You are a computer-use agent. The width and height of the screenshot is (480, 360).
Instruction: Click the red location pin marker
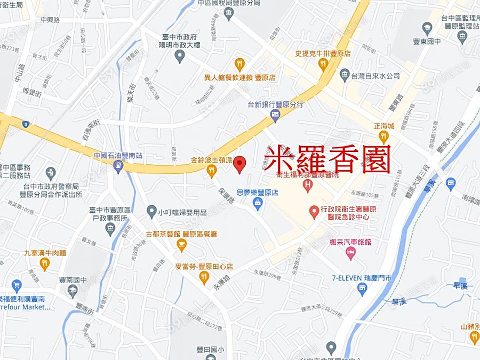click(240, 164)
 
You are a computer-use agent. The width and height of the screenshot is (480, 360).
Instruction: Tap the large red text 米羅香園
click(327, 158)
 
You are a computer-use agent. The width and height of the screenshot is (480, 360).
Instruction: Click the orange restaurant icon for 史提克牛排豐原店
click(322, 65)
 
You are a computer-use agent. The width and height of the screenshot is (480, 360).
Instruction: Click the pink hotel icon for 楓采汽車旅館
click(350, 254)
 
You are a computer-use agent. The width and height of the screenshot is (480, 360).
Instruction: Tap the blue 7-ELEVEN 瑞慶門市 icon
click(362, 290)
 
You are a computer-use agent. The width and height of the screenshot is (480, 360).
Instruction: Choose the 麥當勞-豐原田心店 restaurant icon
click(204, 277)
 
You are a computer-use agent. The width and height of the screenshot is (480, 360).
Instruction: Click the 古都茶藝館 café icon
click(181, 245)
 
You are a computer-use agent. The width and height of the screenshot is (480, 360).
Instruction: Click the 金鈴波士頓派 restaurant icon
click(212, 171)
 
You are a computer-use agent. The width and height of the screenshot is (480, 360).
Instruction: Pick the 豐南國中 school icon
click(73, 291)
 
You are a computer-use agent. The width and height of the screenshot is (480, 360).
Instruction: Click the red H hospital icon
click(307, 185)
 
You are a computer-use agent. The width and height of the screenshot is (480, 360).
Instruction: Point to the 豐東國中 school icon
click(427, 27)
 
